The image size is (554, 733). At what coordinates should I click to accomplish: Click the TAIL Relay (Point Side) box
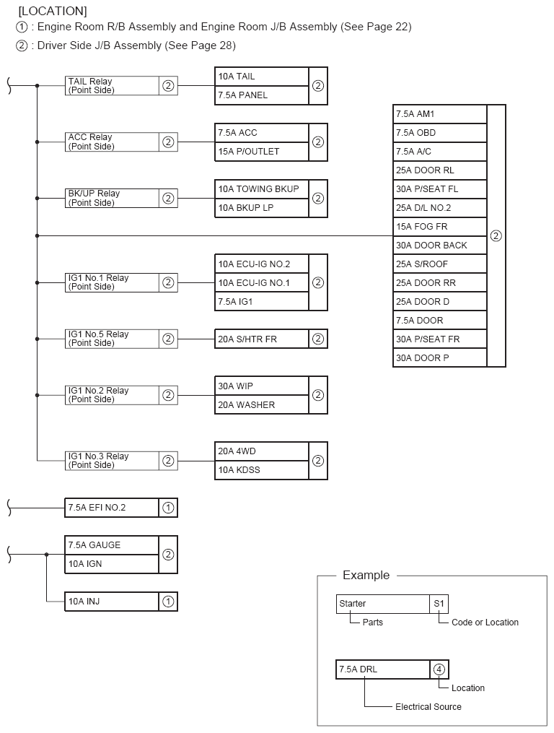click(112, 86)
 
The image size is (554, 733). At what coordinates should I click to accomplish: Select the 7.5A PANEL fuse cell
click(261, 95)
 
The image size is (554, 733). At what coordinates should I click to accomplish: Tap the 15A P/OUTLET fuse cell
click(261, 152)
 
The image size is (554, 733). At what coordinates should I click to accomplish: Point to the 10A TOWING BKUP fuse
click(261, 189)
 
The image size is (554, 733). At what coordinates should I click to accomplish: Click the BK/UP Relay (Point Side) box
click(112, 198)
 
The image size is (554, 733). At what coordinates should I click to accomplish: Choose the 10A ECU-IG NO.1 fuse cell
click(261, 282)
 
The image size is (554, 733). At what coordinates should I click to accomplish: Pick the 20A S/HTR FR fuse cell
click(261, 339)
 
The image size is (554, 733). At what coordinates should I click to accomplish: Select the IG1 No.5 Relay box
click(112, 339)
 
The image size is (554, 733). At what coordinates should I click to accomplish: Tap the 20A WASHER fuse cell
click(261, 405)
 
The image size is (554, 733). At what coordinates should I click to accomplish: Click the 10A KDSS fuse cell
click(261, 470)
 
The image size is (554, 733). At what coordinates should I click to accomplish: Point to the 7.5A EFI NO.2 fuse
click(112, 508)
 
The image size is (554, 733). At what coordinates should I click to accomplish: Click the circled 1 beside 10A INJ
click(168, 602)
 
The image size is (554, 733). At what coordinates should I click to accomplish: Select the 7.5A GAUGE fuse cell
click(112, 545)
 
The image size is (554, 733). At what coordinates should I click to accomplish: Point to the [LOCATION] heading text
click(53, 12)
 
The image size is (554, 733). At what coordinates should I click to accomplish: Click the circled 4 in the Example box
click(439, 669)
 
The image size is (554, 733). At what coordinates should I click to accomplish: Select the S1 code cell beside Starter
click(439, 604)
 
